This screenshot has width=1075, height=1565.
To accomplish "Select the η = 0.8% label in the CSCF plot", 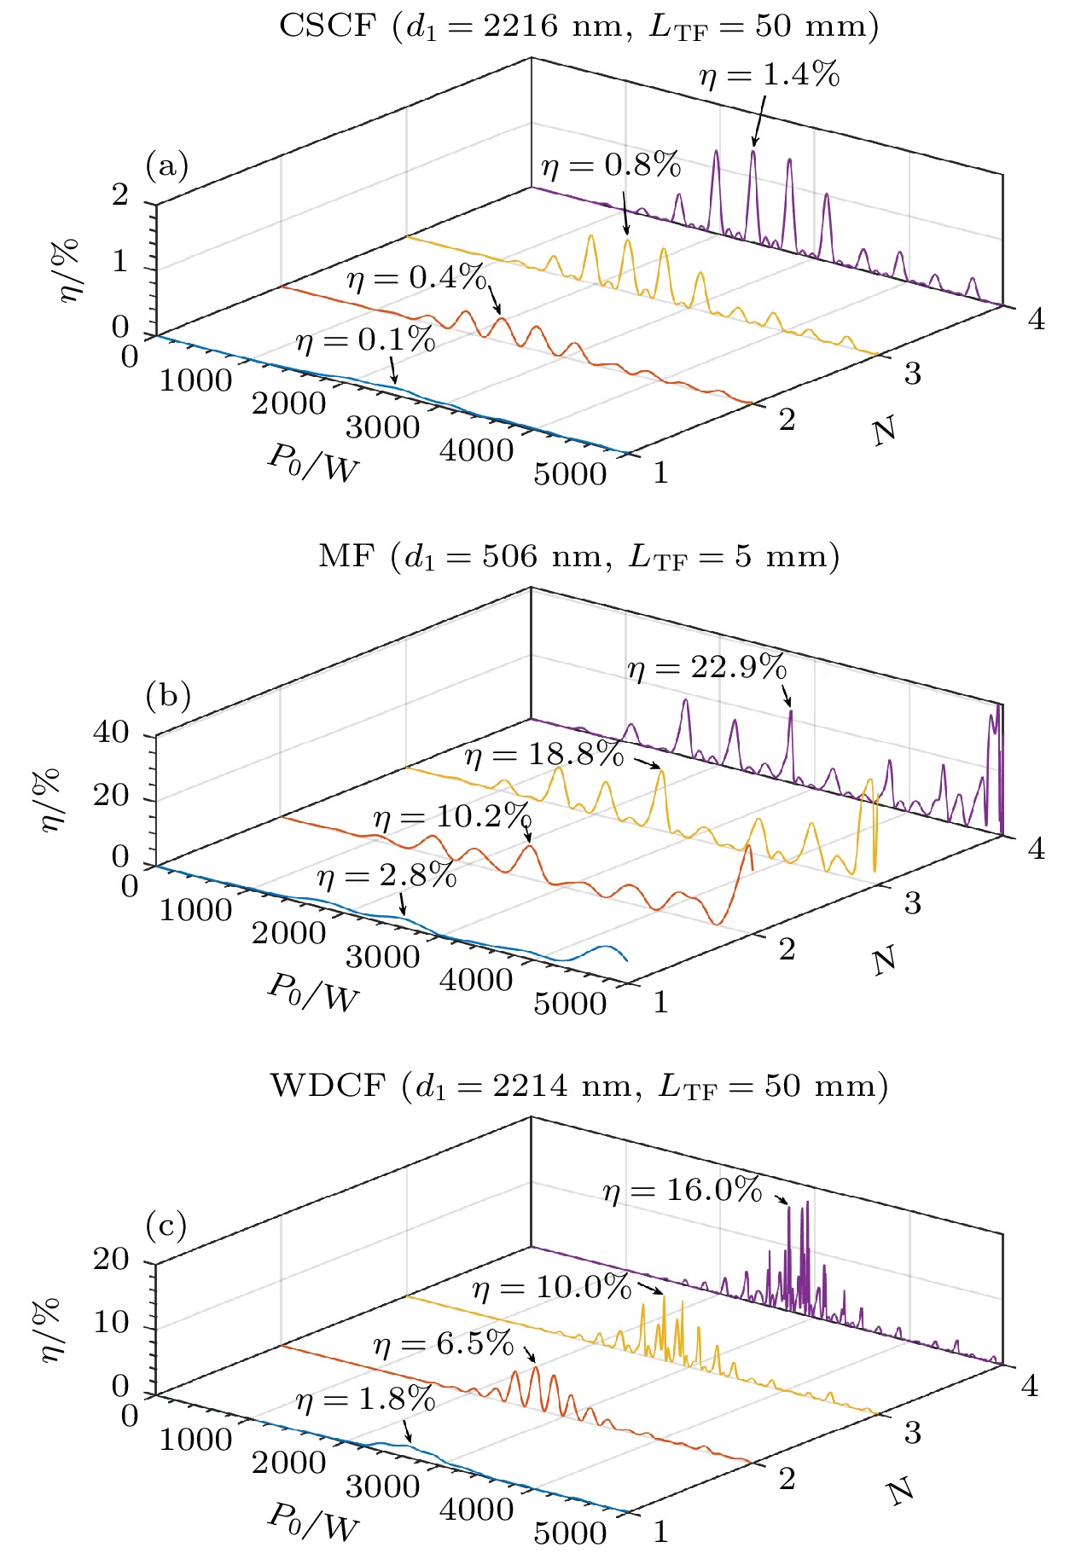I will pyautogui.click(x=611, y=165).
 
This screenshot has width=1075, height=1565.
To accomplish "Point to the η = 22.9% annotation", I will pyautogui.click(x=706, y=668).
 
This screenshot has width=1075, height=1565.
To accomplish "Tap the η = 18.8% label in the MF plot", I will pyautogui.click(x=544, y=755).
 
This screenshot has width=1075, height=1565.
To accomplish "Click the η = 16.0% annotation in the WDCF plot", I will pyautogui.click(x=682, y=1190).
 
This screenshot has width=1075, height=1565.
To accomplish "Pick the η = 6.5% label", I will pyautogui.click(x=444, y=1345).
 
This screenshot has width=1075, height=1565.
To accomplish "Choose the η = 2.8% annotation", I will pyautogui.click(x=386, y=877).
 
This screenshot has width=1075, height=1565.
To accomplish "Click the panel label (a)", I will pyautogui.click(x=167, y=165).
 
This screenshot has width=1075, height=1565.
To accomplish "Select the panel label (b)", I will pyautogui.click(x=167, y=695).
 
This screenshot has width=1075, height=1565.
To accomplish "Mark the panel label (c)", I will pyautogui.click(x=166, y=1226).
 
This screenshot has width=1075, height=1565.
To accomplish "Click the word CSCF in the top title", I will pyautogui.click(x=328, y=26).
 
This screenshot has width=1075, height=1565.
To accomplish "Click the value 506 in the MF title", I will pyautogui.click(x=510, y=557).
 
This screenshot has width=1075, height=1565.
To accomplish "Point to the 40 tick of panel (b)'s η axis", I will pyautogui.click(x=111, y=732).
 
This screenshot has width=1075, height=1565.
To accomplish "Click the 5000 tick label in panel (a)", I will pyautogui.click(x=570, y=475).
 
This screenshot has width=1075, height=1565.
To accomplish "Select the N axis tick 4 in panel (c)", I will pyautogui.click(x=1030, y=1387).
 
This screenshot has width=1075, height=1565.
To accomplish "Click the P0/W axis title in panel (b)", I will pyautogui.click(x=313, y=993).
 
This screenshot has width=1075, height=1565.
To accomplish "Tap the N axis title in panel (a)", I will pyautogui.click(x=885, y=431).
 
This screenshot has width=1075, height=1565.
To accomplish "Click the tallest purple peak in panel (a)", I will pyautogui.click(x=753, y=153).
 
